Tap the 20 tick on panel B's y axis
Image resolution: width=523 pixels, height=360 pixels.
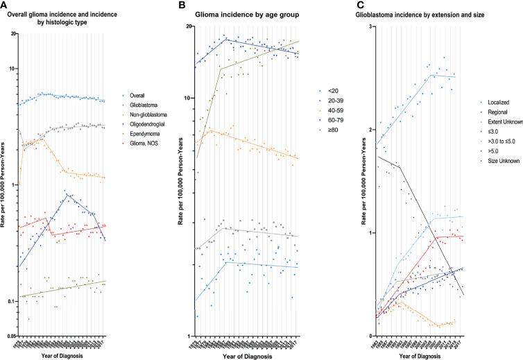point(188,26)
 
